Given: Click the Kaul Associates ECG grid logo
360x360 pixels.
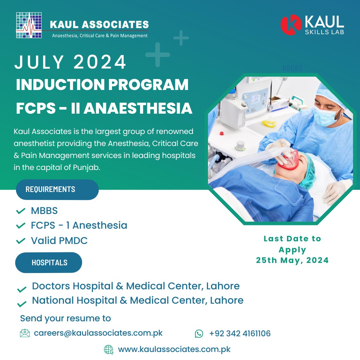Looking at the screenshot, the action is point(29,25).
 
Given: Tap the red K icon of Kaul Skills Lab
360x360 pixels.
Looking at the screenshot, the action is point(291,25).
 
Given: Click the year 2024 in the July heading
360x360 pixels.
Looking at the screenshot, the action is point(100,62).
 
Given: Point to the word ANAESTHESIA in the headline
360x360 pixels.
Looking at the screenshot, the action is point(138,108).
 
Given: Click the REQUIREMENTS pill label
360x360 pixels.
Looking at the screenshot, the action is point(57,189).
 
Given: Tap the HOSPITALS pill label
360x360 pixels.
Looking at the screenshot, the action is point(49,262).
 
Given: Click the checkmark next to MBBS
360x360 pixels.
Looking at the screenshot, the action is point(21,211).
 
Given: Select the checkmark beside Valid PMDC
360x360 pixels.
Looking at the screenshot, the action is point(21,241).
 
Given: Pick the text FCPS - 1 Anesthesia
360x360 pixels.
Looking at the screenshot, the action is point(79,225).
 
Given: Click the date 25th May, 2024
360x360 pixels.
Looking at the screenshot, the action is point(292,260).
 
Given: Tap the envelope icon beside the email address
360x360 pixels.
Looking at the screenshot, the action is point(25,333).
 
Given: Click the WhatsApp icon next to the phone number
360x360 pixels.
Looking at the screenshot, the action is point(199,334).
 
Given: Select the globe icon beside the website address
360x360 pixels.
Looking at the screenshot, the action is point(109,350).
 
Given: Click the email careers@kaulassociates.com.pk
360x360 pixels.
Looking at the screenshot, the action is point(98,333).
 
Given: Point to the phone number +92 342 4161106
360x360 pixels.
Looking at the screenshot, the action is point(240,333).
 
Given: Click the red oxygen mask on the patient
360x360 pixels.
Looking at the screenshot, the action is point(289,160).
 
